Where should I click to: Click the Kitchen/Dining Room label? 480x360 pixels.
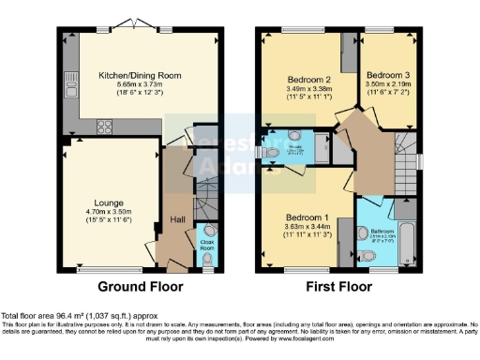click(142, 75)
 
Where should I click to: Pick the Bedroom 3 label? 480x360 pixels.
click(384, 75)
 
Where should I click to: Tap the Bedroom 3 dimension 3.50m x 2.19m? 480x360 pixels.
click(384, 84)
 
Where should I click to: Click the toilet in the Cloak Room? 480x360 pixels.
click(208, 231)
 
